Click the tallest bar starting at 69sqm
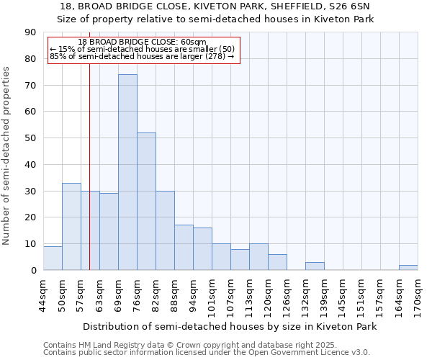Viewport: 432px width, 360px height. tap(127, 173)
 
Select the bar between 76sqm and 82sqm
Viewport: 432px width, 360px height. tap(146, 202)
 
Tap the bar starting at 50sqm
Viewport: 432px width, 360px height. tap(71, 227)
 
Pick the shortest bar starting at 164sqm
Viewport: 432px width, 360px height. tap(408, 268)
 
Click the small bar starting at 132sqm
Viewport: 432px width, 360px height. tap(315, 266)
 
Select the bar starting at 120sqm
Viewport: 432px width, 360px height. tap(277, 262)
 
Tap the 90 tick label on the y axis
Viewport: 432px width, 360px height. tap(30, 32)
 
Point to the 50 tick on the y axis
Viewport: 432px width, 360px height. tap(30, 138)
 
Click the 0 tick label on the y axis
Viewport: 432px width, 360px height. tap(33, 270)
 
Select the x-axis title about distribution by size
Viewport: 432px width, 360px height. tap(230, 326)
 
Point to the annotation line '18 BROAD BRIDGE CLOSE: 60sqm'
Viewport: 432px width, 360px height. tap(142, 42)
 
